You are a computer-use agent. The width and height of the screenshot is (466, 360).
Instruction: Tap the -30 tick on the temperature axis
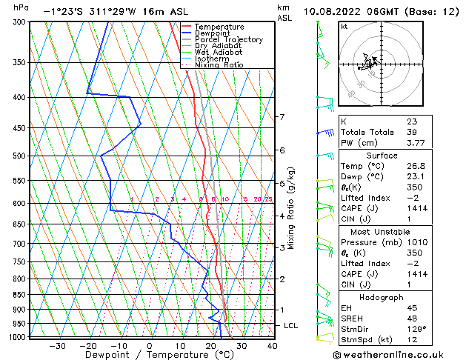tap(56, 345)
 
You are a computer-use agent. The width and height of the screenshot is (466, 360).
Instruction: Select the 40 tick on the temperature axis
tap(272, 345)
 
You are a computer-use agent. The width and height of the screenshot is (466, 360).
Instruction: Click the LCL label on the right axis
tap(291, 326)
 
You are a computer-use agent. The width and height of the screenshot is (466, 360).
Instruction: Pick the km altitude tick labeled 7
tap(282, 117)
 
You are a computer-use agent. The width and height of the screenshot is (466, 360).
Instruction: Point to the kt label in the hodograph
tap(344, 26)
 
